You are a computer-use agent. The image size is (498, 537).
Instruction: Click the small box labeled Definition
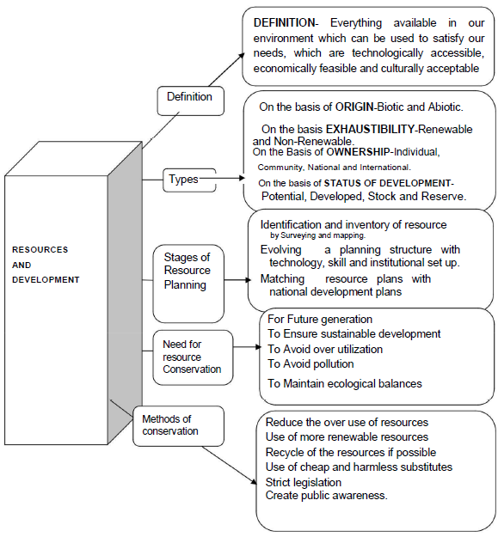point(191,101)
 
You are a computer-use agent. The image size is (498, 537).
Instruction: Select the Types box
point(189,180)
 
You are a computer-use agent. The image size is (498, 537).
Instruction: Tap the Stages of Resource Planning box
point(188,284)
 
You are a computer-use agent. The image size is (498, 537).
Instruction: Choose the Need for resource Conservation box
point(193,357)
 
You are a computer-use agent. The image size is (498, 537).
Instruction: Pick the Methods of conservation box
point(179,426)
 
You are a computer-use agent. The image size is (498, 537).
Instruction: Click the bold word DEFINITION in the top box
point(284,23)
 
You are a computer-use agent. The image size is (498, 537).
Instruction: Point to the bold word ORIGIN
point(354,107)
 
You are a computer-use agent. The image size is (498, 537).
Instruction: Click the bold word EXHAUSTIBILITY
point(370,129)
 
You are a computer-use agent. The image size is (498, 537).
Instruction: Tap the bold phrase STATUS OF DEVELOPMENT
point(388,183)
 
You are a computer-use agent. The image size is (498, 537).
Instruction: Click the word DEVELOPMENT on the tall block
point(46,280)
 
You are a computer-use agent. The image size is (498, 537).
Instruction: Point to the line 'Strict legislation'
point(304,482)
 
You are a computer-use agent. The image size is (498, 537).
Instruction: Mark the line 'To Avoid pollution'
point(310,363)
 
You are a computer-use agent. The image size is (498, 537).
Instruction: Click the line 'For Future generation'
point(320,319)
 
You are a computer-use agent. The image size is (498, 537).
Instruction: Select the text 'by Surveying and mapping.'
point(317,235)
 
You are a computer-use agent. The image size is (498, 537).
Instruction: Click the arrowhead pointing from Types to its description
point(242,178)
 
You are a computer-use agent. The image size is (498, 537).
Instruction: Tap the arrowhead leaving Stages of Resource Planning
point(249,280)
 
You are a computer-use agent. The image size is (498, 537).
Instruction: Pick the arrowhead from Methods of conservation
point(254,481)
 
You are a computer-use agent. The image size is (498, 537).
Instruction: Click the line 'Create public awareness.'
point(327,496)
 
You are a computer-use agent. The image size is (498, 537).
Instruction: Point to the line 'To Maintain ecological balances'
point(344,383)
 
